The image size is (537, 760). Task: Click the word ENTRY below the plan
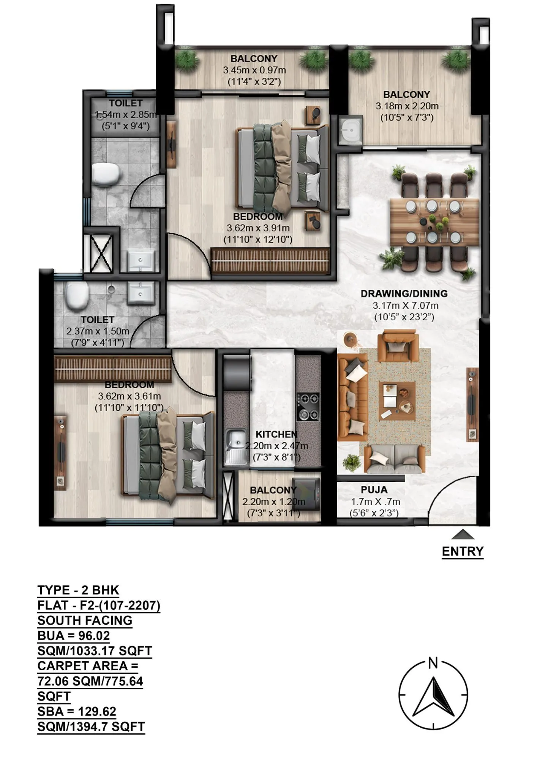(463, 551)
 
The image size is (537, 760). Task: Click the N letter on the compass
(433, 663)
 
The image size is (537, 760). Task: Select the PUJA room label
(374, 489)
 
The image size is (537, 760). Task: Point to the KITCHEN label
(276, 434)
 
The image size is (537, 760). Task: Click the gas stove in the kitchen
(308, 407)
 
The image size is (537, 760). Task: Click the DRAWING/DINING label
(404, 293)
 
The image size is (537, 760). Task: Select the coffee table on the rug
(397, 401)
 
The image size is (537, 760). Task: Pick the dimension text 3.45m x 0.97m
(254, 70)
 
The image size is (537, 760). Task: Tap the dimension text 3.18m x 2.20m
(407, 106)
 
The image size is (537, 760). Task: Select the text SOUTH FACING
(85, 620)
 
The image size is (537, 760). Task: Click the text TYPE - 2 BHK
(78, 590)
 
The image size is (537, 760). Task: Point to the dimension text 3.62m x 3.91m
(258, 228)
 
